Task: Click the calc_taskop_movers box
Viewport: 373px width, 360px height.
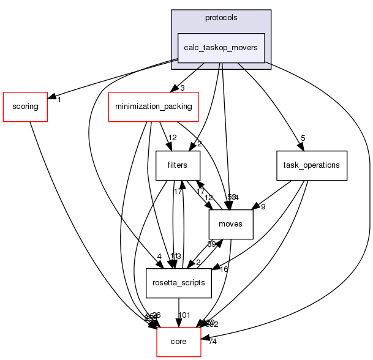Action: pyautogui.click(x=220, y=48)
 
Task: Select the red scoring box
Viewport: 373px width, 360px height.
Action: pyautogui.click(x=25, y=107)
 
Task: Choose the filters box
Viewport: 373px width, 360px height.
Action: pyautogui.click(x=178, y=165)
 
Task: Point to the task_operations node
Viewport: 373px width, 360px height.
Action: pyautogui.click(x=312, y=165)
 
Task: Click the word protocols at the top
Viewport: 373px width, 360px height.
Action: pyautogui.click(x=220, y=17)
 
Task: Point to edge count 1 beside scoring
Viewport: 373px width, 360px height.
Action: pyautogui.click(x=59, y=99)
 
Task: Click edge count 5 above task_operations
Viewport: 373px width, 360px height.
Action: pyautogui.click(x=303, y=138)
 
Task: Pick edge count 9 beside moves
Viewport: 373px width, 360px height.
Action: pyautogui.click(x=262, y=206)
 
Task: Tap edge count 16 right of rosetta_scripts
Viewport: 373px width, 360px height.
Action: pyautogui.click(x=225, y=269)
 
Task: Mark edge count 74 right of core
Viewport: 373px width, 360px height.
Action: pyautogui.click(x=213, y=341)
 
